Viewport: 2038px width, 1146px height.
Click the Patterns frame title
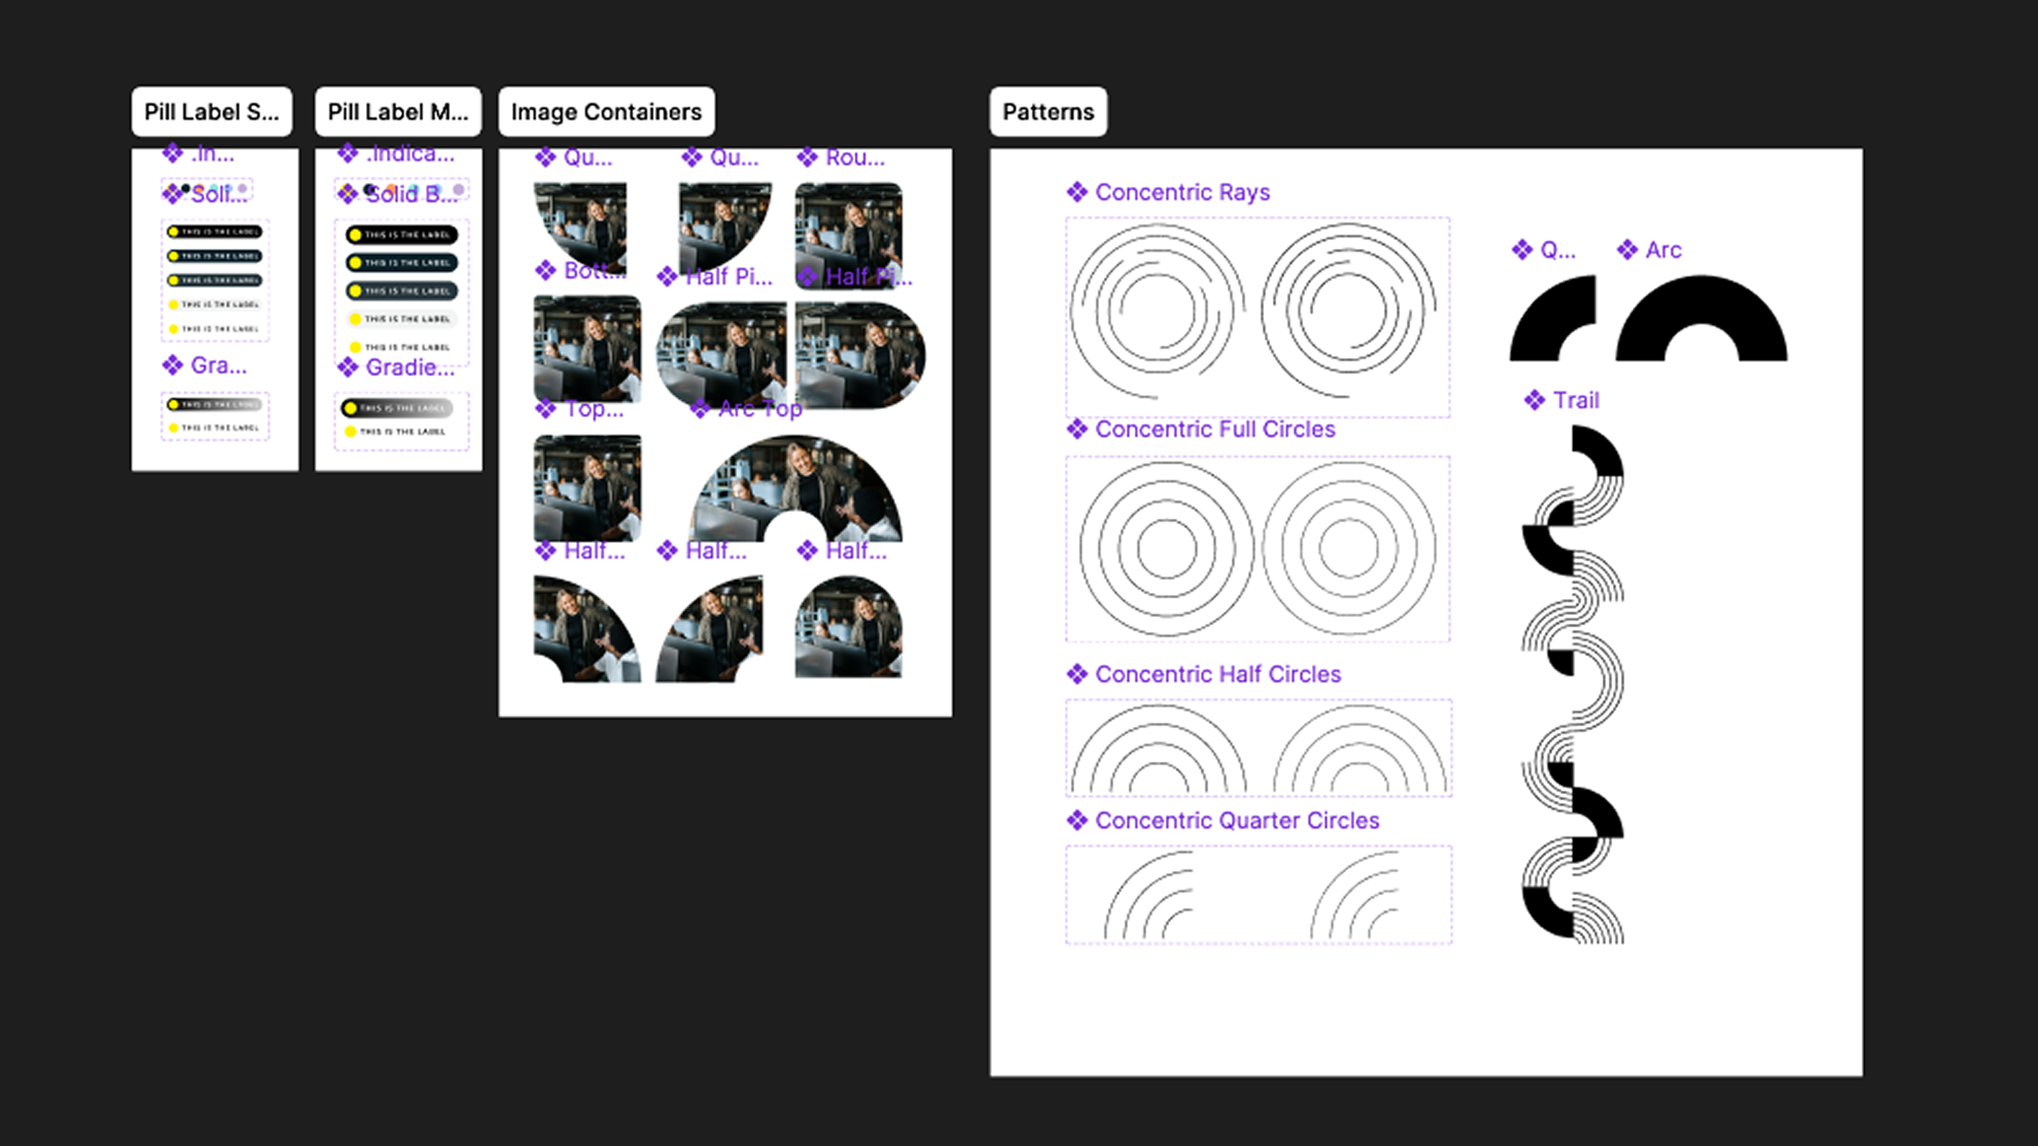click(1048, 111)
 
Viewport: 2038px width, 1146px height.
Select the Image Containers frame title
click(606, 111)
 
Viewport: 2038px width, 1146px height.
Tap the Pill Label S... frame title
click(211, 111)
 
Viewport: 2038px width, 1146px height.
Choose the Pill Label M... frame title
click(398, 111)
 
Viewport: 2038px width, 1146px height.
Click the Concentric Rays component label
click(1182, 192)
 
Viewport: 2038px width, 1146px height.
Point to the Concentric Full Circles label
click(1214, 429)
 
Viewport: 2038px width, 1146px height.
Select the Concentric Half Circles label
click(1217, 675)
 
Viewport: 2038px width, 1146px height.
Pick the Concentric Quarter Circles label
click(1237, 821)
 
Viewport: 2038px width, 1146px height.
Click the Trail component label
click(1575, 400)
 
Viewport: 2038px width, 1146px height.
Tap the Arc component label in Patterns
click(1663, 250)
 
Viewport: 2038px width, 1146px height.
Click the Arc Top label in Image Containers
click(759, 409)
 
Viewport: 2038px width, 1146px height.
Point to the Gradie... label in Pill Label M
click(409, 368)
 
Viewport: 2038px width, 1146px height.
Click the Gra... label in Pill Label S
click(218, 366)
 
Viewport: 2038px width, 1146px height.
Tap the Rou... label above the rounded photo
click(854, 158)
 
